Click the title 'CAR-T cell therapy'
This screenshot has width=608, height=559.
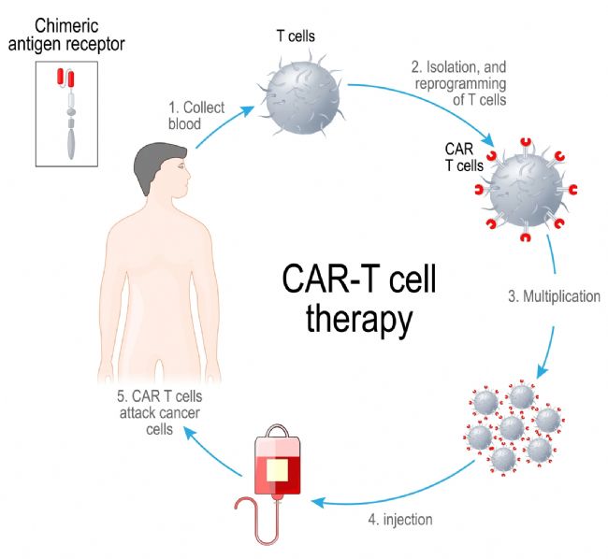click(359, 299)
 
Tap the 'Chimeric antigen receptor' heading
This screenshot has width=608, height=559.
click(66, 36)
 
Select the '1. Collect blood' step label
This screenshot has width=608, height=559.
click(196, 115)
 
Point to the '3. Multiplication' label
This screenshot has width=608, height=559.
click(554, 296)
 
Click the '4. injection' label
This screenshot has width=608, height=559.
click(400, 520)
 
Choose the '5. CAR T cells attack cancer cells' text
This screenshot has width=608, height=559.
click(159, 413)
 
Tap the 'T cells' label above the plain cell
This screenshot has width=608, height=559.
click(296, 36)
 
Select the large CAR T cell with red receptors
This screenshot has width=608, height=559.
click(526, 190)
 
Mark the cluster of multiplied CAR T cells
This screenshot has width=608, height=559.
click(514, 428)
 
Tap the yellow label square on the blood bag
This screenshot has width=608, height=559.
click(277, 470)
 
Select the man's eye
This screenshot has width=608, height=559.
click(181, 167)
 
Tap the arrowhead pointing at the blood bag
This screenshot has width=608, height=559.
click(317, 502)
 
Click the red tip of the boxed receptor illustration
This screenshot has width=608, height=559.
click(65, 78)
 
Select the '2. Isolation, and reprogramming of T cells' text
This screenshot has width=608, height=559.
click(460, 83)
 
